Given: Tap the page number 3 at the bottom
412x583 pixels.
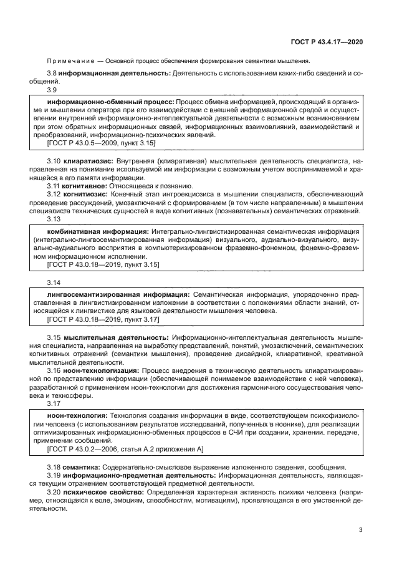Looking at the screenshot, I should [361, 530].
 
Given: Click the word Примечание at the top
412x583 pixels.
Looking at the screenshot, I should [70, 61].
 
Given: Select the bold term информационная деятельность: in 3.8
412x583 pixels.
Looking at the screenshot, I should [115, 74].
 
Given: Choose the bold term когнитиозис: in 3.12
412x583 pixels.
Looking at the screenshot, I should [87, 194].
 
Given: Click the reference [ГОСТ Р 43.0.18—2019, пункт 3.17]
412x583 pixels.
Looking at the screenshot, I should [103, 319].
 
